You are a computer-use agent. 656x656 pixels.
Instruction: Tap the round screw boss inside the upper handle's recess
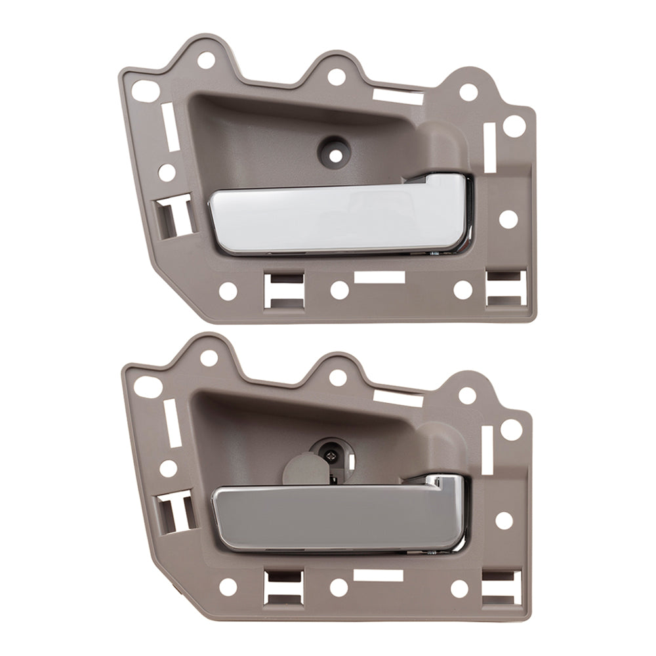pos(335,149)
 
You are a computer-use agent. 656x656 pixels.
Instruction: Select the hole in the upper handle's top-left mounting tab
pos(206,60)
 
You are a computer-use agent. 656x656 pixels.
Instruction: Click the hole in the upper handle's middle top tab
pos(336,77)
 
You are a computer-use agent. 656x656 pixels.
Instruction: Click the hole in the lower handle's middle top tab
pos(337,377)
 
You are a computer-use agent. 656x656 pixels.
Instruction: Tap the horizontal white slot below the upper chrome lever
pos(379,277)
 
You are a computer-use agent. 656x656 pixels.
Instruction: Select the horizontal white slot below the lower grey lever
pos(378,576)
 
